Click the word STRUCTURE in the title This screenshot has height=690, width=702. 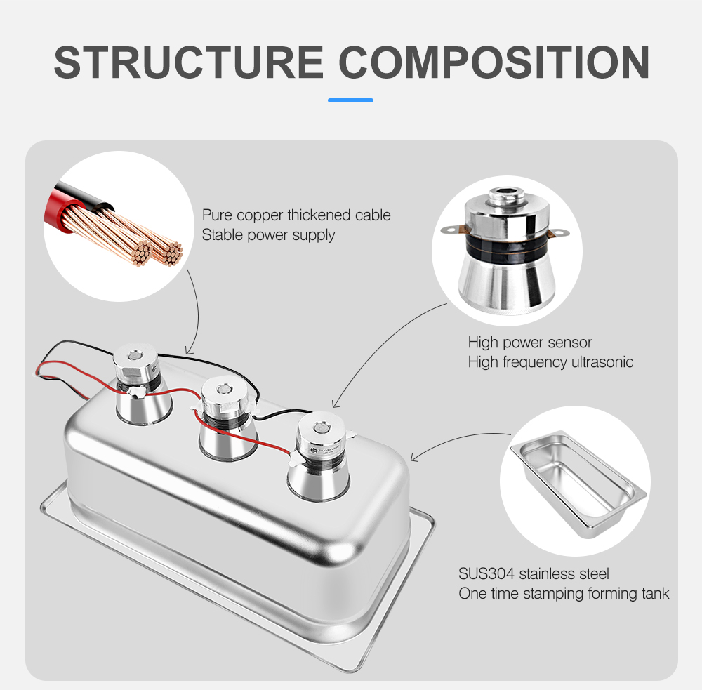point(188,62)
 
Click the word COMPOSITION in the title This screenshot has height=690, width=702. point(494,62)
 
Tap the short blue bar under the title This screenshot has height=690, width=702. point(350,100)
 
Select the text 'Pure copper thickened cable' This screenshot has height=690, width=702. point(296,215)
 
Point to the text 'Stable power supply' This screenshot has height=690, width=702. point(268,235)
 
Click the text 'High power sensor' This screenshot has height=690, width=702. point(529,343)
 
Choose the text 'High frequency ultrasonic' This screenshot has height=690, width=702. point(550,361)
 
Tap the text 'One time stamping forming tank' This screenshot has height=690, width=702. point(564,594)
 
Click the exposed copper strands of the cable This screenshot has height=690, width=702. point(134,237)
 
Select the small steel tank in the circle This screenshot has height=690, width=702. point(578,484)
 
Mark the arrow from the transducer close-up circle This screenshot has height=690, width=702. point(380,345)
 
